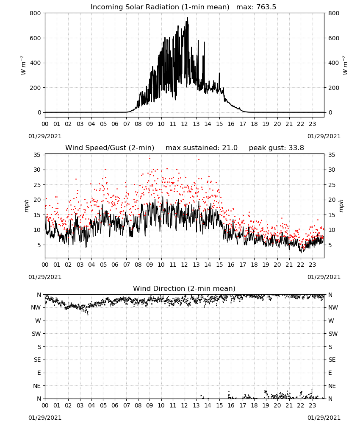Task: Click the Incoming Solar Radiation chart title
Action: (160, 7)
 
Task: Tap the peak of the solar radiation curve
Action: (188, 18)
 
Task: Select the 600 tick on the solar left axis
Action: (36, 38)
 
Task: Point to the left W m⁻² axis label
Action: (23, 65)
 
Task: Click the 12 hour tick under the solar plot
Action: (185, 124)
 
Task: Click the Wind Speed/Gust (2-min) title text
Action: (110, 148)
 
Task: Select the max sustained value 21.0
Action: (230, 148)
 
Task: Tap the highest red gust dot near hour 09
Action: (150, 159)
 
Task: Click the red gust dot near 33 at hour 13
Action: (199, 159)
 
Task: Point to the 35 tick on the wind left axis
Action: (37, 155)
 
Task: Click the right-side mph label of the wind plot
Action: (341, 206)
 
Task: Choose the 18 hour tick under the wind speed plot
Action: (254, 265)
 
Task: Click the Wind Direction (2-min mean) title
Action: (184, 288)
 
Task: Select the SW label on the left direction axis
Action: (36, 334)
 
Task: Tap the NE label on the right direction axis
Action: (332, 386)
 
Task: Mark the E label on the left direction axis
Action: (39, 373)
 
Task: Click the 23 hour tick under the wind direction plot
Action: (312, 405)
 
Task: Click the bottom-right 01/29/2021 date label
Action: (324, 418)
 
